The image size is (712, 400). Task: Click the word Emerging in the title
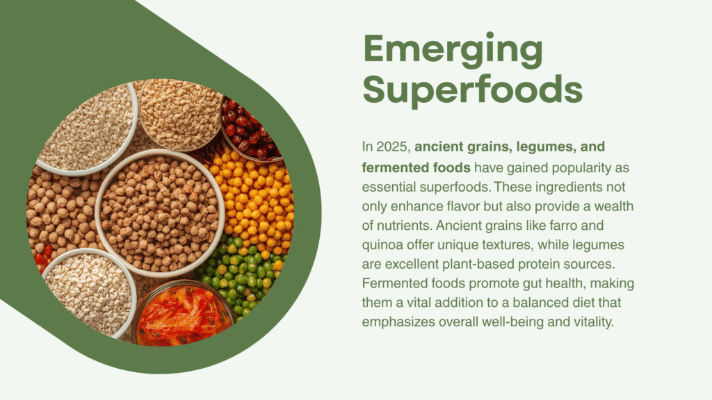point(453,50)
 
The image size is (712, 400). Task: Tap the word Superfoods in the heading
point(473,89)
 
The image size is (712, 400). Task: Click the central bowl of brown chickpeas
point(160,213)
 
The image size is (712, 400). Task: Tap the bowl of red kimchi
point(183,313)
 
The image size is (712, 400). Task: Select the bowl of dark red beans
point(250,129)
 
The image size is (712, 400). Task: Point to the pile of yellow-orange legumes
point(254,199)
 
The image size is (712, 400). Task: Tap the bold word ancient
point(437,147)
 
